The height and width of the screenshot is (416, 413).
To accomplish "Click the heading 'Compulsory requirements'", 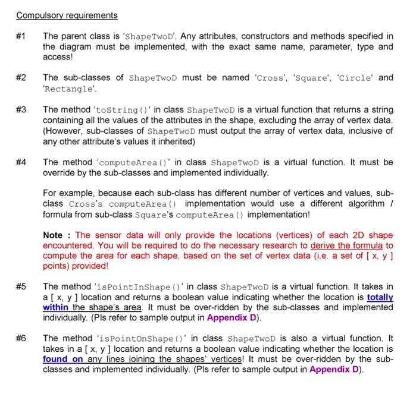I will point(67,15).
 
